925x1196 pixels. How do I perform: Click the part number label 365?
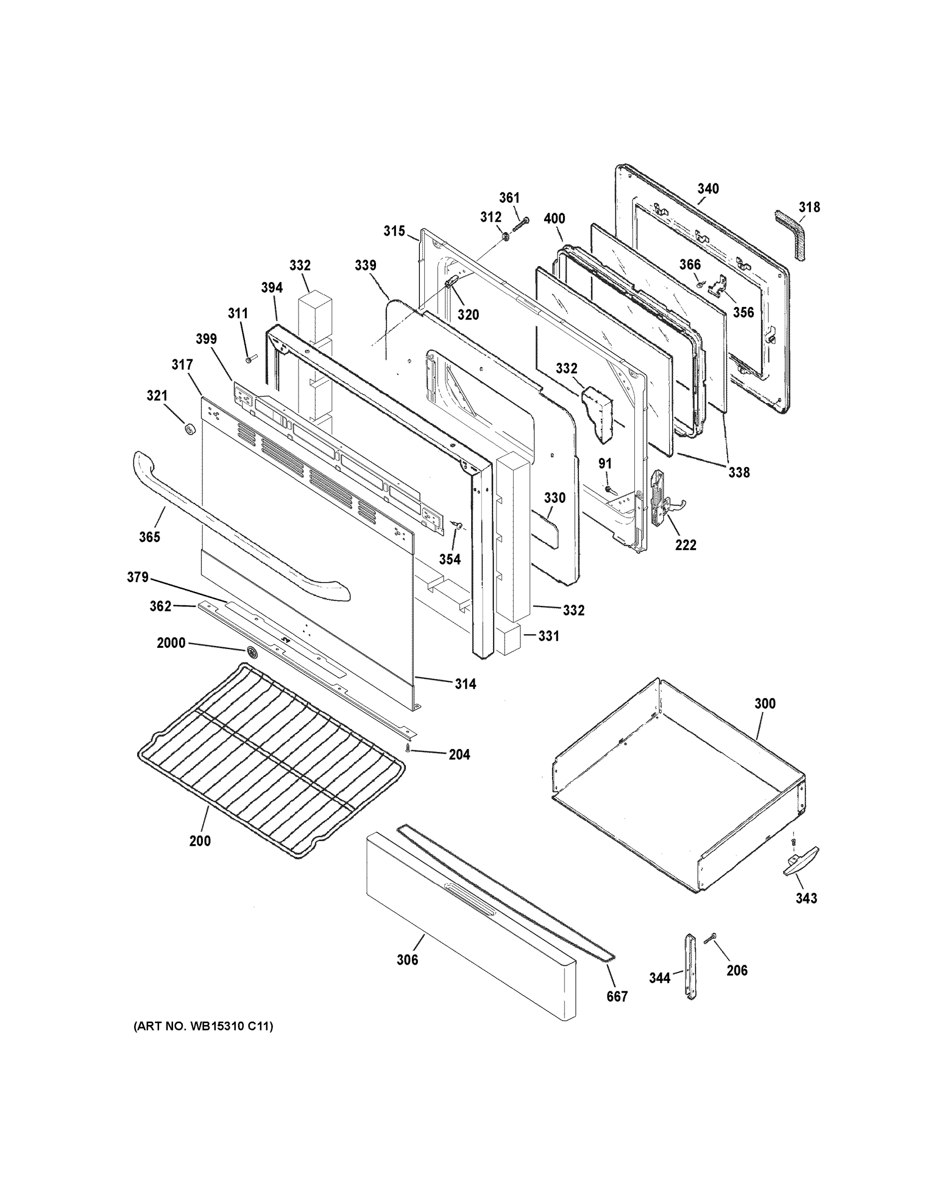[x=149, y=537]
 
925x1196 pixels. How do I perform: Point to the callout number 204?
[x=459, y=754]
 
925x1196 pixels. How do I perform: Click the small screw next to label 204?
[x=408, y=747]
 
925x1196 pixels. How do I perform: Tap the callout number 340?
[x=708, y=189]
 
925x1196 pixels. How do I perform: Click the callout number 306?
[x=407, y=959]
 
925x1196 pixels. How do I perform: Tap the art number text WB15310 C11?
[x=203, y=1026]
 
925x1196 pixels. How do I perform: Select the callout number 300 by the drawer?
[x=765, y=703]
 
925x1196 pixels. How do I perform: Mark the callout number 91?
[x=604, y=464]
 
